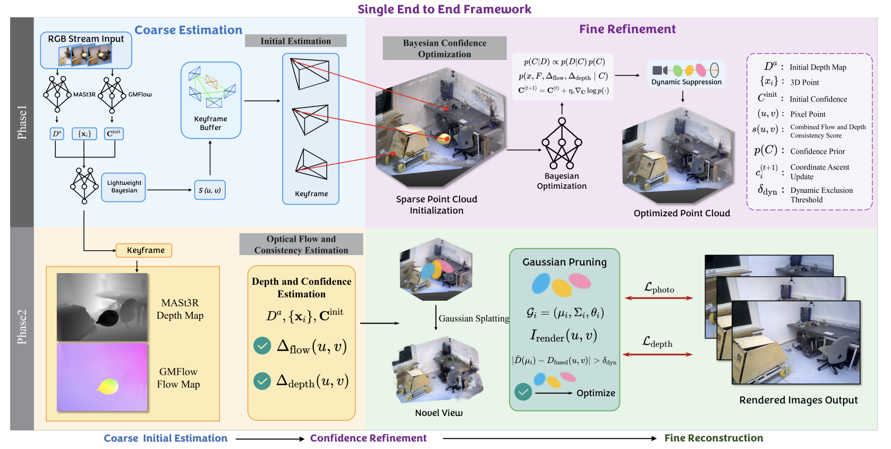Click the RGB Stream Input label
tap(86, 39)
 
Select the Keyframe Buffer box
tap(211, 100)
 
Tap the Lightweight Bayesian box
tap(124, 187)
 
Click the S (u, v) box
tap(210, 190)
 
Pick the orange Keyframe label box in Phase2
tap(144, 250)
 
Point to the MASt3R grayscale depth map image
tap(102, 307)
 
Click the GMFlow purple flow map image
tap(102, 377)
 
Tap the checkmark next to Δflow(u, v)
tap(262, 346)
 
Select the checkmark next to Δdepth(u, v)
tap(262, 381)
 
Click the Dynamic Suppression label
tap(686, 82)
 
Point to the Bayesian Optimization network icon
tap(562, 143)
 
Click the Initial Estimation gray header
tap(295, 41)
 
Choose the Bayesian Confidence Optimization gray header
tap(444, 48)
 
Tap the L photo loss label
tap(659, 288)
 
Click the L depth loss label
tap(657, 342)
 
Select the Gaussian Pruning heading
tap(564, 262)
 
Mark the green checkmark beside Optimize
tap(523, 392)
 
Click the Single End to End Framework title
tap(444, 9)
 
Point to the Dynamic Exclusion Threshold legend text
tap(821, 195)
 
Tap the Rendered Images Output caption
tap(798, 400)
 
